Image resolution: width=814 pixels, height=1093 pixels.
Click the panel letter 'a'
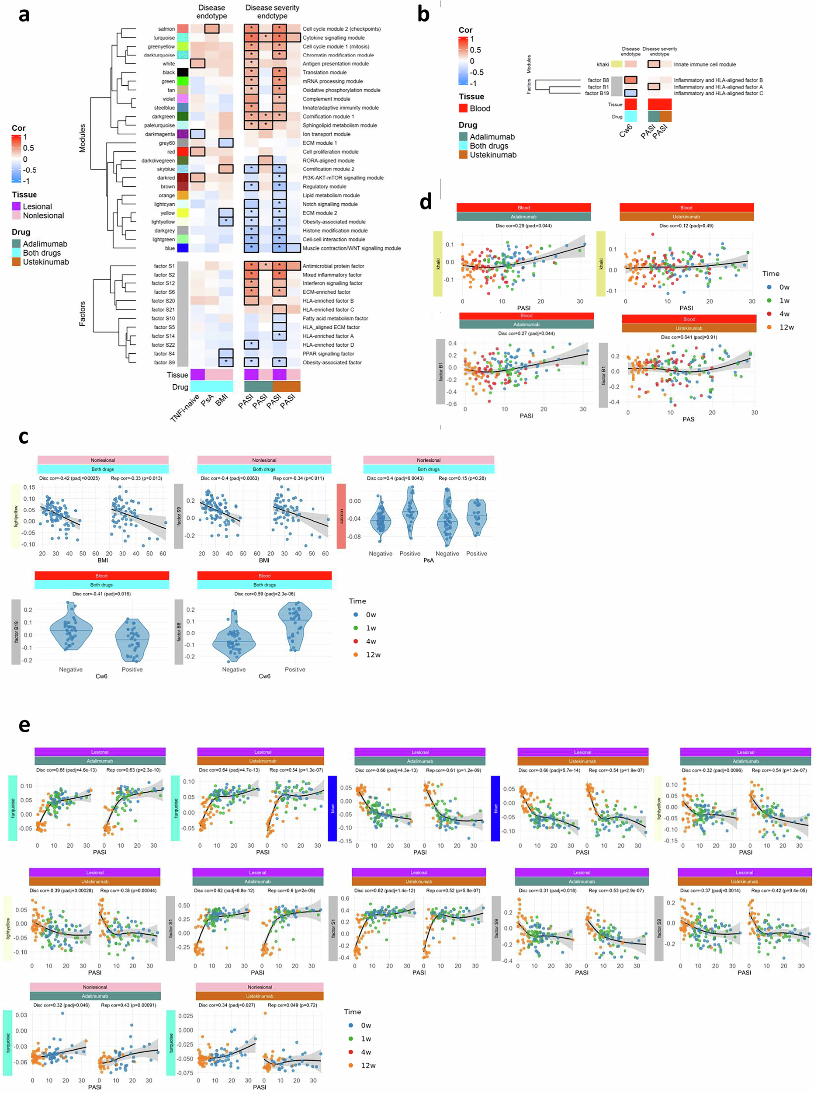[23, 15]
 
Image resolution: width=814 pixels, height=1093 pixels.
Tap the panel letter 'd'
[425, 202]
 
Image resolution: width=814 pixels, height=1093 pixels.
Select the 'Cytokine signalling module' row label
[333, 38]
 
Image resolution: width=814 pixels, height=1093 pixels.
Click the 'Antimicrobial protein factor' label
[333, 266]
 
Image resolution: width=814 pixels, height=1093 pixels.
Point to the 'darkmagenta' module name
[159, 134]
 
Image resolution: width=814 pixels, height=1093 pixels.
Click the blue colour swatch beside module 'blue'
[183, 248]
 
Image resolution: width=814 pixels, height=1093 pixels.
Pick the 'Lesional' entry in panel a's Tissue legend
[37, 206]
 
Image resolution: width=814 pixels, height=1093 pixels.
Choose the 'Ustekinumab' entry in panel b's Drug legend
[493, 155]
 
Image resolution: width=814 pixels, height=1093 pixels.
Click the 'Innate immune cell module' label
[705, 64]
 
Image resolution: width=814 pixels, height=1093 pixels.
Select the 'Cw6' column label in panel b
[625, 131]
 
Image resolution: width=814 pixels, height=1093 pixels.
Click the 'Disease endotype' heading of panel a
[211, 12]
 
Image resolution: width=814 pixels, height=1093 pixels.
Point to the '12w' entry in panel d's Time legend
[786, 327]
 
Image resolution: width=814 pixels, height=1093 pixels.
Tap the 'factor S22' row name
[163, 345]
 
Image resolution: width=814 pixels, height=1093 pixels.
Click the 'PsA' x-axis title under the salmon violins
[428, 560]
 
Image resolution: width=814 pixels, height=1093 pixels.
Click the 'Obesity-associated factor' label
[332, 362]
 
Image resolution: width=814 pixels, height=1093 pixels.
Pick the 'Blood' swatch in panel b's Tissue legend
[463, 108]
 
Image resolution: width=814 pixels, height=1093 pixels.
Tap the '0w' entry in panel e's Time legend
[366, 1025]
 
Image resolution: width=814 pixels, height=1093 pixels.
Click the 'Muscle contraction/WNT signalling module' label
[351, 248]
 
